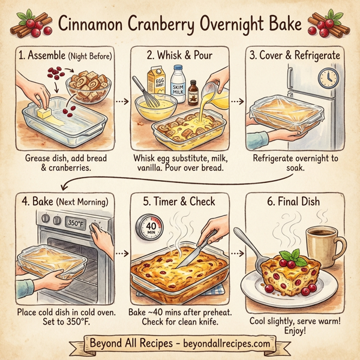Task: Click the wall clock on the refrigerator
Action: (x=327, y=77)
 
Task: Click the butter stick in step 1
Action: (x=48, y=113)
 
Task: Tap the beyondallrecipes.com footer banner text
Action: (x=180, y=344)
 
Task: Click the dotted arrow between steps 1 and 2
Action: (x=122, y=101)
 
